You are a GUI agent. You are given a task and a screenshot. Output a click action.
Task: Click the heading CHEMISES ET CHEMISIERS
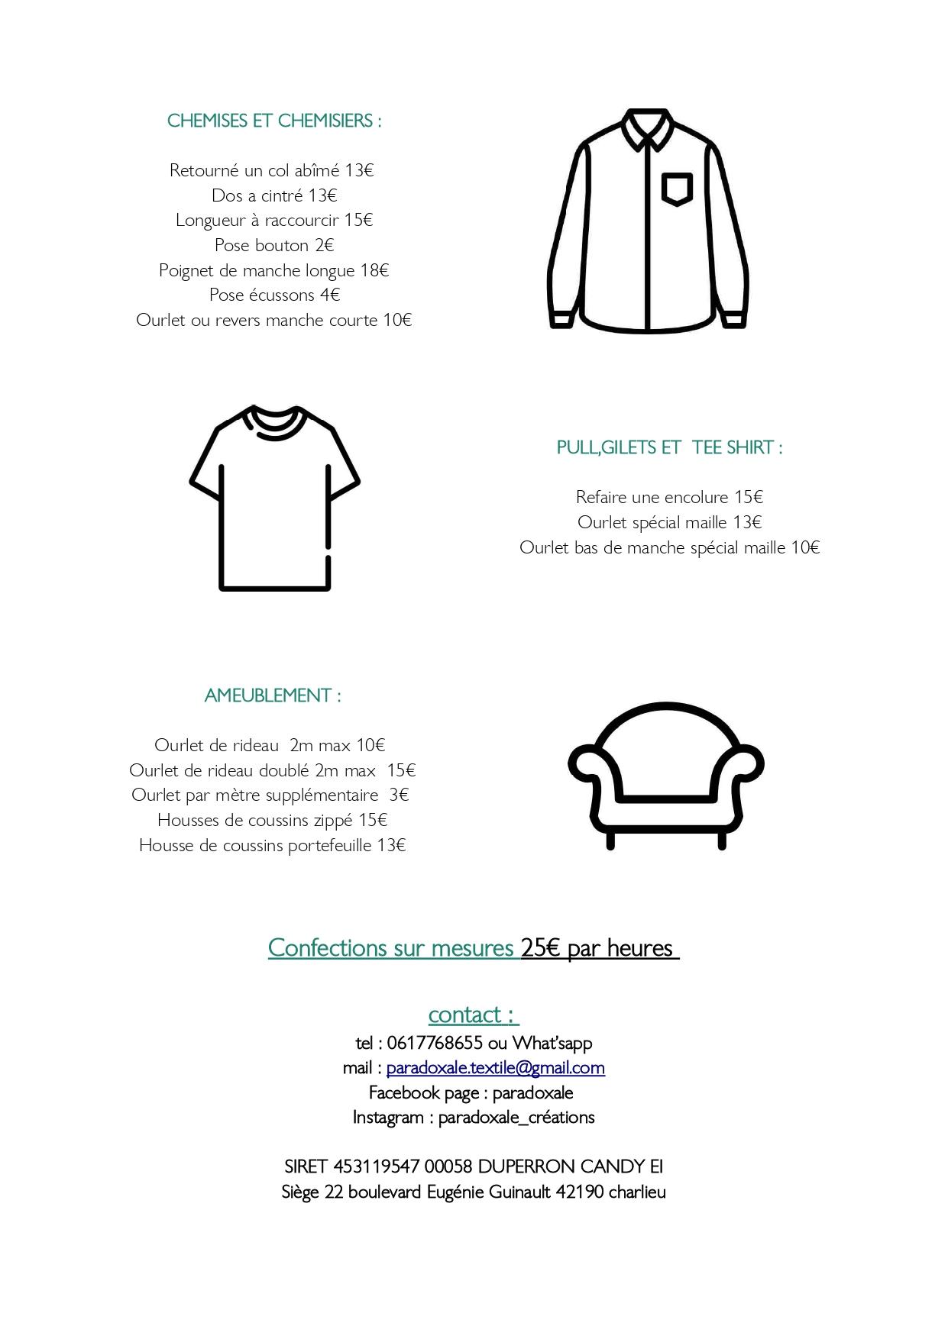point(273,121)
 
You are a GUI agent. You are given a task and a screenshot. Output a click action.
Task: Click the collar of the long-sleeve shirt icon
point(647,128)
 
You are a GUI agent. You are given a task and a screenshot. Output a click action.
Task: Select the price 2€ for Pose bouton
point(325,245)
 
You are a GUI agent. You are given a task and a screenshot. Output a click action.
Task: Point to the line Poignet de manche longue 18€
point(273,270)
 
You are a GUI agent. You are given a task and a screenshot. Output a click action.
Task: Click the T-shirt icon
point(274,497)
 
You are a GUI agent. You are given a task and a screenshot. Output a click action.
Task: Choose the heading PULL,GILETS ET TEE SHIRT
point(669,447)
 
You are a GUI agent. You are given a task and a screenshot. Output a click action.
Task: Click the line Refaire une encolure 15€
point(669,497)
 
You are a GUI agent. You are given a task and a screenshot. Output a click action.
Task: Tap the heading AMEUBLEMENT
point(273,695)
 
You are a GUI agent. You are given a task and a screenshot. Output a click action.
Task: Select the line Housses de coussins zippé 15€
point(273,820)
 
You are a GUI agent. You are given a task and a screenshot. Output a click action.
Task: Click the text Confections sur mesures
point(391,947)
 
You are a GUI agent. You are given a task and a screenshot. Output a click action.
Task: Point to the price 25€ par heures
point(599,947)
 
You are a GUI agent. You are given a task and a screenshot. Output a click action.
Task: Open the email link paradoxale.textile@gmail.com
point(495,1067)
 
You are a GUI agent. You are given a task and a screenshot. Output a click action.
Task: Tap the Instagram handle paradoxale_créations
point(516,1117)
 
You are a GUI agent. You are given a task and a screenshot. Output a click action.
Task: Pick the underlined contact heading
point(473,1015)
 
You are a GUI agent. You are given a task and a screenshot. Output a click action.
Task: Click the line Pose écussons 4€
point(274,295)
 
